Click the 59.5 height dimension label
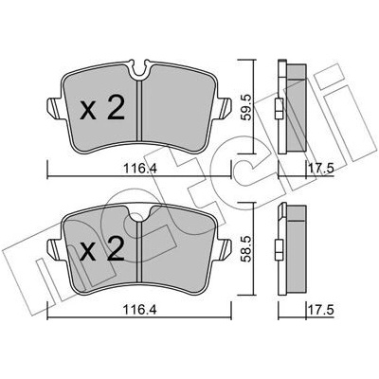tap(247, 107)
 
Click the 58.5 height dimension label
tap(247, 248)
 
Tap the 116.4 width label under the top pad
tap(139, 170)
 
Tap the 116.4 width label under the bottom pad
tap(139, 310)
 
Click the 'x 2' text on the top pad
tap(102, 108)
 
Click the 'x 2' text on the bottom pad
tap(102, 249)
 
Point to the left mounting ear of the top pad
tap(54, 108)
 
